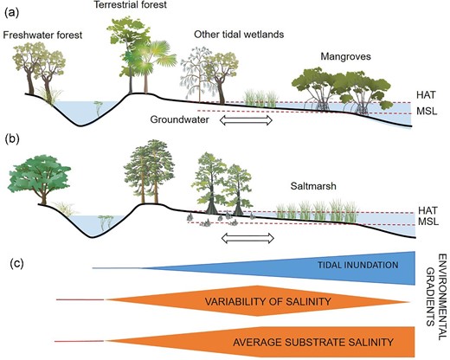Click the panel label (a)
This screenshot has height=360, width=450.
pyautogui.click(x=13, y=12)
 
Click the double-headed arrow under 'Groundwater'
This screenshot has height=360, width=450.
pyautogui.click(x=247, y=121)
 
